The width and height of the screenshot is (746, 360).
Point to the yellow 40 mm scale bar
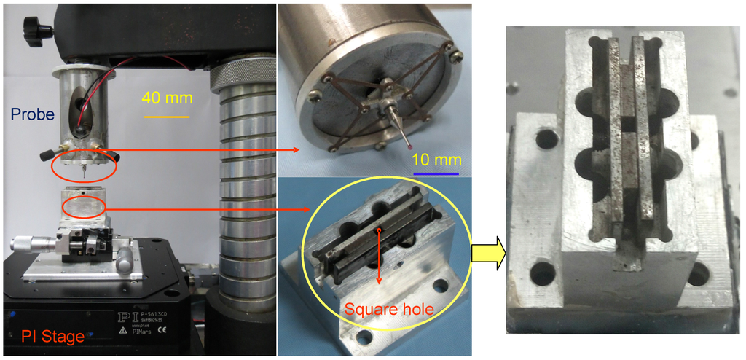pyautogui.click(x=166, y=116)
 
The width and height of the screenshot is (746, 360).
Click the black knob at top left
pyautogui.click(x=37, y=30)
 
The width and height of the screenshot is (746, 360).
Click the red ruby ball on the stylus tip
pyautogui.click(x=412, y=147)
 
